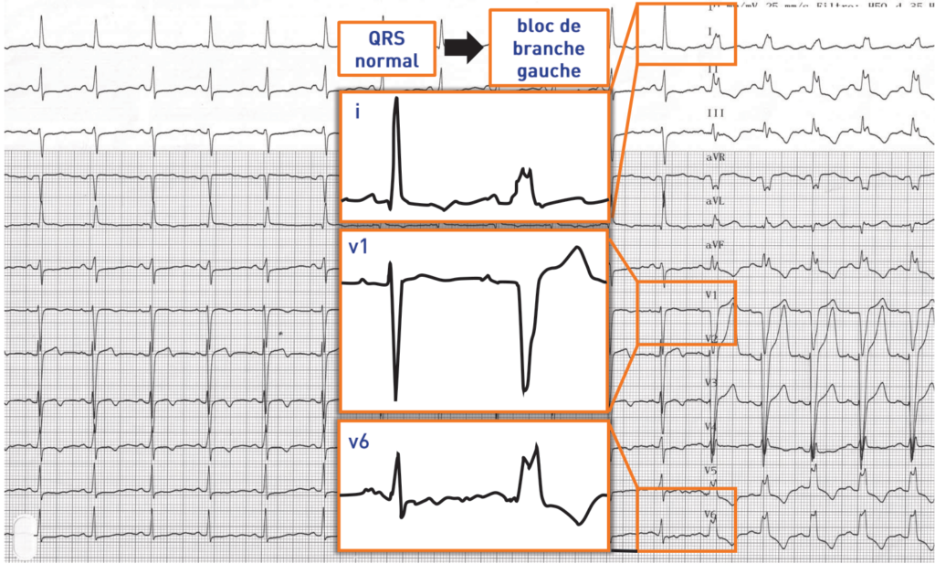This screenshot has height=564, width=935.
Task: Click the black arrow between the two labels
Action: pos(463,49)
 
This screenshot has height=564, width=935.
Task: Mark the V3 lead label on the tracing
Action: pos(711,381)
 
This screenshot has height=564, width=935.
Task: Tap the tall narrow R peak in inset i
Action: pos(396,105)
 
